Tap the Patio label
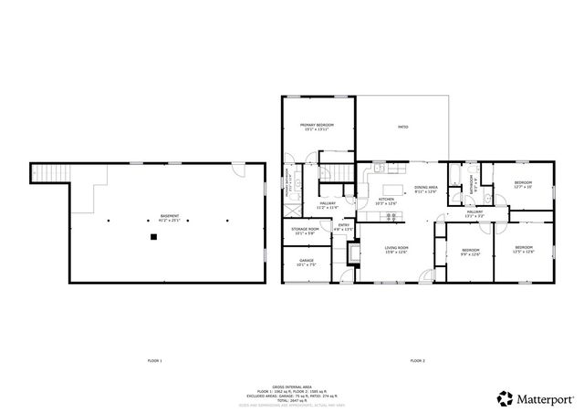click(x=402, y=127)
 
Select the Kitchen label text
click(x=386, y=200)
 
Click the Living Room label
click(x=395, y=248)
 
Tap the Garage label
click(x=307, y=263)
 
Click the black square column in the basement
click(x=154, y=238)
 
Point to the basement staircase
click(x=51, y=172)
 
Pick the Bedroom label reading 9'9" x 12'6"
click(x=470, y=252)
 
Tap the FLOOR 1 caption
click(x=154, y=361)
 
